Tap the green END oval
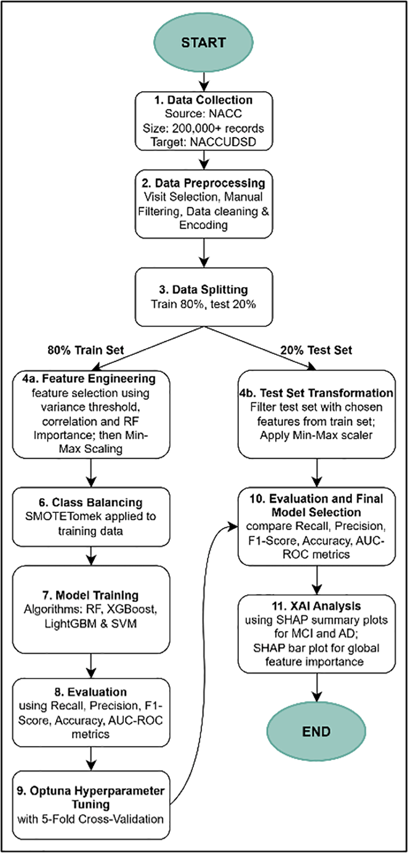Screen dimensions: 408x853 point(316,731)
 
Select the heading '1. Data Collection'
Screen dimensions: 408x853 point(203,100)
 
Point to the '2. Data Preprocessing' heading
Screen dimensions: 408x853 point(203,183)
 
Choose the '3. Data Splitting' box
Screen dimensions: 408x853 point(203,297)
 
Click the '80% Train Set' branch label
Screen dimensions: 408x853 point(85,350)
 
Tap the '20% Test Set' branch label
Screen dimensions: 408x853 point(316,350)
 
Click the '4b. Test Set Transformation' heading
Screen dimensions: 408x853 point(316,393)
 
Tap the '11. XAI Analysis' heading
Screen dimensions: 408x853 point(316,606)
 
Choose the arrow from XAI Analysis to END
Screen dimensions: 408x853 point(316,688)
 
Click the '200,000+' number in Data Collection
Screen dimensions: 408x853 point(194,128)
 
